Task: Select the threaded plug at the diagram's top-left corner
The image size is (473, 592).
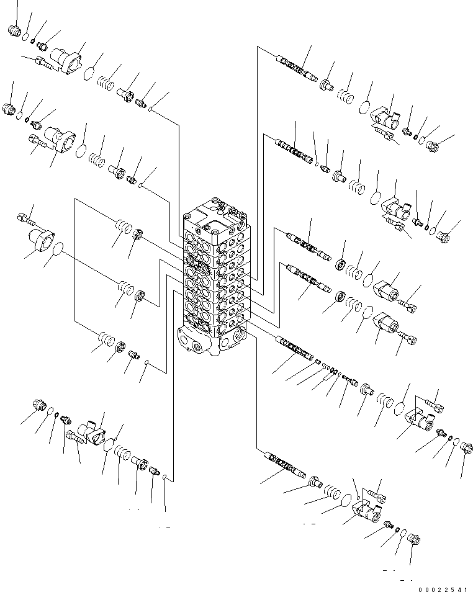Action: tap(16, 30)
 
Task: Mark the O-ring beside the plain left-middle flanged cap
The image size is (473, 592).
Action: tap(58, 250)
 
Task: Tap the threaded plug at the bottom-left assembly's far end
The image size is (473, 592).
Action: tap(39, 407)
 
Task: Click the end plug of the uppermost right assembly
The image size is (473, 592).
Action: tap(433, 147)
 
